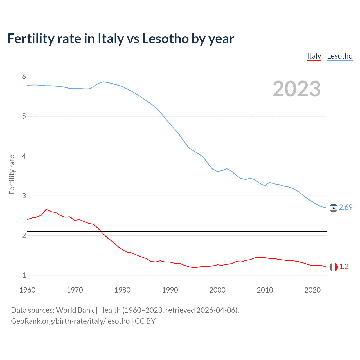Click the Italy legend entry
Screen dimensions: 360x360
(x=314, y=56)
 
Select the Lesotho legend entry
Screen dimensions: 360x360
(x=340, y=56)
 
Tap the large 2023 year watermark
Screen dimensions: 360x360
(x=297, y=89)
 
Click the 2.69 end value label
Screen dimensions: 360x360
(x=346, y=207)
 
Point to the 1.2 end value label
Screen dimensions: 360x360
(x=344, y=267)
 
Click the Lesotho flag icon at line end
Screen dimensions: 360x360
(x=334, y=208)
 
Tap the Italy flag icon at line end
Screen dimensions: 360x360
(x=334, y=267)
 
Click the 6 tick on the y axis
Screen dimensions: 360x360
(x=24, y=77)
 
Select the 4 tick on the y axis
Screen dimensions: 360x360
(x=24, y=156)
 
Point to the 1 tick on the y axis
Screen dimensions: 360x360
(x=24, y=275)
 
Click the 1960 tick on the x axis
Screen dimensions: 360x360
(x=27, y=290)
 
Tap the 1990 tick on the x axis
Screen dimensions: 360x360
(x=170, y=290)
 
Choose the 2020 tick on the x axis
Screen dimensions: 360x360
(x=312, y=290)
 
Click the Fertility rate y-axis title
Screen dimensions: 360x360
(x=12, y=174)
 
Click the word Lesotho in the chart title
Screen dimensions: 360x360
(x=165, y=39)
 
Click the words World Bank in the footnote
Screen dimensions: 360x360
(x=75, y=310)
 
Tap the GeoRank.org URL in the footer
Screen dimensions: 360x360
(x=70, y=321)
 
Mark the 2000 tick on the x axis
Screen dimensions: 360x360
(x=217, y=290)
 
